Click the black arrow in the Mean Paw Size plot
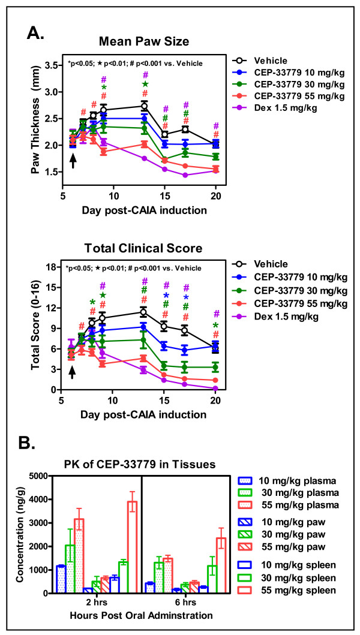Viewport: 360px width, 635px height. coord(73,161)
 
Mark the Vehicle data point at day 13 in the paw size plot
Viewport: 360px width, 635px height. coord(144,106)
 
